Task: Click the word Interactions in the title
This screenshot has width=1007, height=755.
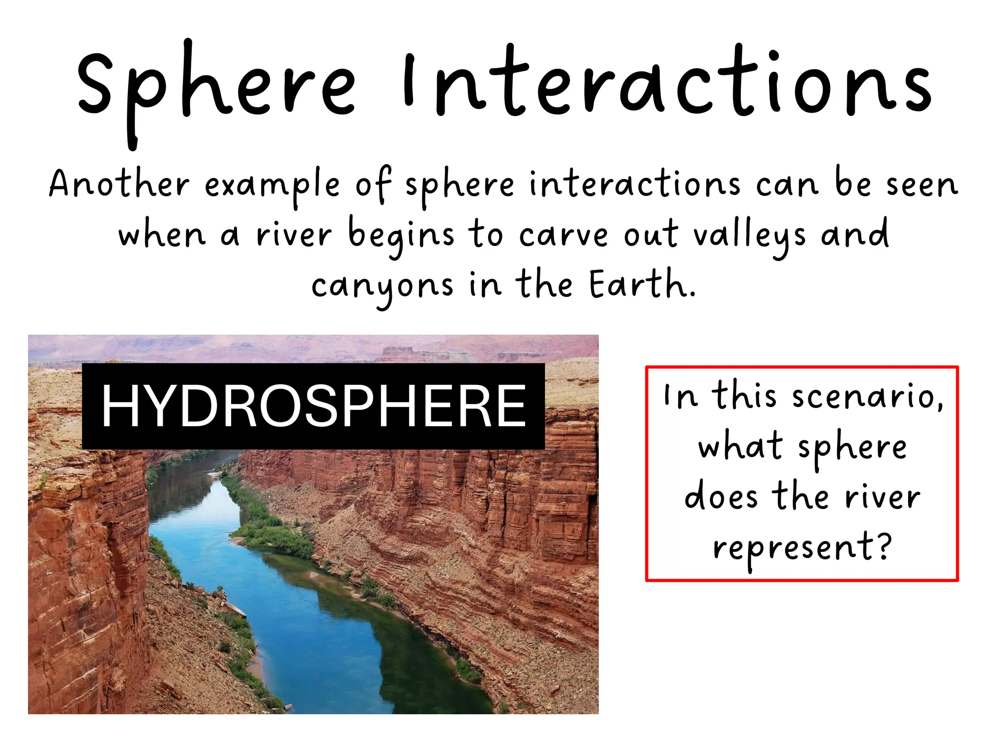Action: [x=666, y=84]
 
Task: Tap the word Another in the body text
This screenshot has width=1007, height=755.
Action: [x=119, y=184]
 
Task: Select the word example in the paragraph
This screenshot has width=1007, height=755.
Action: [x=272, y=186]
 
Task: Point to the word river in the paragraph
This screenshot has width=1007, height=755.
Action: [x=294, y=235]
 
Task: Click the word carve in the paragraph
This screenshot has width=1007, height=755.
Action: [x=563, y=235]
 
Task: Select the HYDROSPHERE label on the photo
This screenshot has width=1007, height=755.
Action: [x=313, y=406]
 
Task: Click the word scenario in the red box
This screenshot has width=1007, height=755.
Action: [x=868, y=396]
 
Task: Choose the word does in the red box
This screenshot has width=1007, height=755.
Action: [x=721, y=496]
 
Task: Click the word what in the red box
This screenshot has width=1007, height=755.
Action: [x=740, y=446]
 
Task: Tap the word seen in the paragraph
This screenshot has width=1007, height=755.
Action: [x=922, y=185]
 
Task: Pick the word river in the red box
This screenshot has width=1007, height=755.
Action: [x=882, y=497]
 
